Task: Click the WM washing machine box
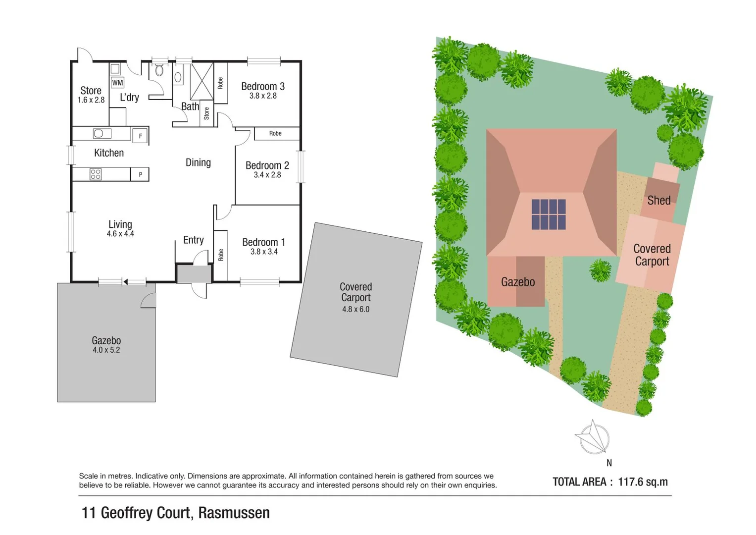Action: click(x=117, y=83)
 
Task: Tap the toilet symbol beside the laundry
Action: click(x=159, y=70)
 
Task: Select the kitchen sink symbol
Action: click(x=102, y=133)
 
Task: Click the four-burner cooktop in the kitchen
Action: click(x=96, y=174)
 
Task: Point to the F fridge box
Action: click(x=141, y=136)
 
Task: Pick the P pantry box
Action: click(x=140, y=174)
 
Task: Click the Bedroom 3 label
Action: click(x=263, y=86)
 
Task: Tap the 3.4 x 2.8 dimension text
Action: click(x=267, y=175)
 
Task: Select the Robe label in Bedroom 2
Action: click(x=275, y=133)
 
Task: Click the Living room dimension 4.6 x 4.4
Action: click(x=120, y=234)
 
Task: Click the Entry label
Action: click(x=193, y=240)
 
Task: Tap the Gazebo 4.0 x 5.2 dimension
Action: click(x=106, y=350)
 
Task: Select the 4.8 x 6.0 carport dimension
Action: click(x=355, y=309)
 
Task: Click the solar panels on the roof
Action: click(x=549, y=214)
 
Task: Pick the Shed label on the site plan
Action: click(x=659, y=201)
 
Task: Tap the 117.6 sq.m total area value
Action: click(x=643, y=482)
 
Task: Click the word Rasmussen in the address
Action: click(x=234, y=513)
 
